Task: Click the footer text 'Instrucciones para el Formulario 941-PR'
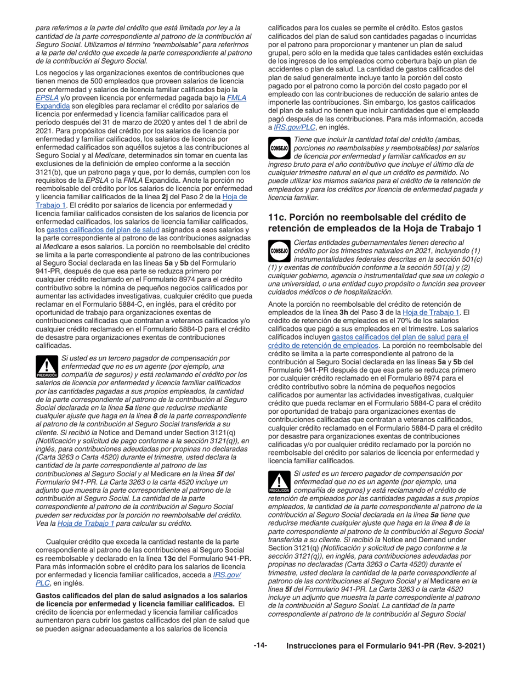pos(386,646)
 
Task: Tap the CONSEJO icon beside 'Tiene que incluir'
pos(279,148)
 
